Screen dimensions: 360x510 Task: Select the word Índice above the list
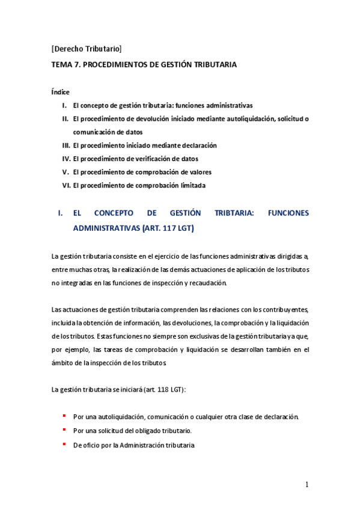click(61, 92)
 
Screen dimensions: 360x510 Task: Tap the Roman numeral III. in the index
click(66, 146)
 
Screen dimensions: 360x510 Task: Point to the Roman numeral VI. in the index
click(66, 186)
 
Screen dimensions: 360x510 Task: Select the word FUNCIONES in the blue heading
click(288, 214)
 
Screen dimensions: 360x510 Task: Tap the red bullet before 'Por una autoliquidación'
click(64, 416)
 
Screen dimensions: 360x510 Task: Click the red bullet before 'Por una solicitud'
click(64, 431)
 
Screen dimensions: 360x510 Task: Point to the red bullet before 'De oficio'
click(64, 444)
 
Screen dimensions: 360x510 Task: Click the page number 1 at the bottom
click(307, 485)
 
